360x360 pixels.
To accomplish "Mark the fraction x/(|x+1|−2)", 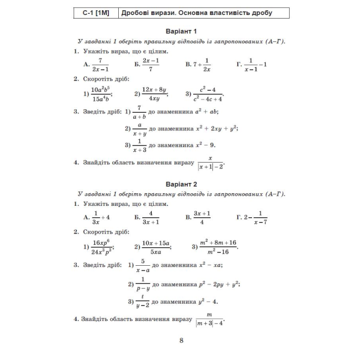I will [x=211, y=163].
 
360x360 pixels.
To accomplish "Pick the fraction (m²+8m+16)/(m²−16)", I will [x=218, y=247].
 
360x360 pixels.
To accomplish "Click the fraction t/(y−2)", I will [x=142, y=302].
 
